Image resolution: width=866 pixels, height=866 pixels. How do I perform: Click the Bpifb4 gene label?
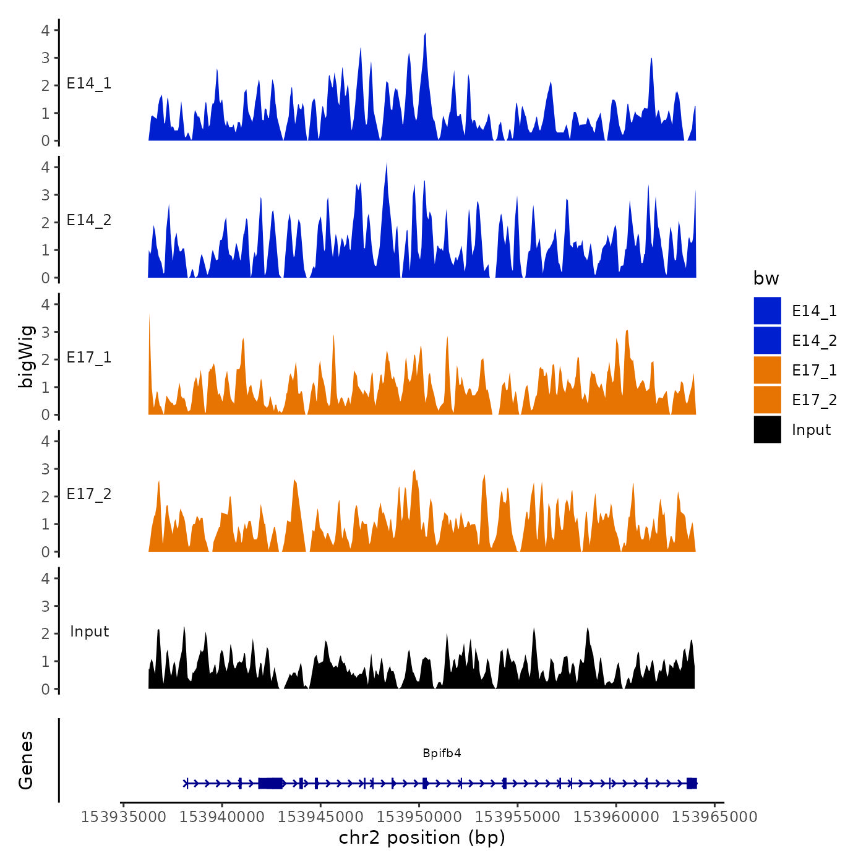pyautogui.click(x=442, y=753)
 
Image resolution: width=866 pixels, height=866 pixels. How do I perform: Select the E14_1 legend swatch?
pyautogui.click(x=767, y=311)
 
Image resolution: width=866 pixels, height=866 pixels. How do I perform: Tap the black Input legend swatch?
pyautogui.click(x=767, y=429)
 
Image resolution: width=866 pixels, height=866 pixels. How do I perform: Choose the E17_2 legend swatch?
pyautogui.click(x=767, y=400)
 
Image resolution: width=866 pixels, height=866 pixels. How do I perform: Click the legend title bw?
pyautogui.click(x=766, y=278)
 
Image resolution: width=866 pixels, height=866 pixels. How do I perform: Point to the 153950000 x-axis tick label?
pyautogui.click(x=419, y=817)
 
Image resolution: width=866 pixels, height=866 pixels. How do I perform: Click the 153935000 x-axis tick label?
pyautogui.click(x=124, y=817)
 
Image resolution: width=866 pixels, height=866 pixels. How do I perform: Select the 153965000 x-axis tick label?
pyautogui.click(x=714, y=817)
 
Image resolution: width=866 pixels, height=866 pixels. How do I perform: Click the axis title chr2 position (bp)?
pyautogui.click(x=422, y=838)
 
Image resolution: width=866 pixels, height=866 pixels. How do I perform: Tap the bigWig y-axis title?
pyautogui.click(x=26, y=356)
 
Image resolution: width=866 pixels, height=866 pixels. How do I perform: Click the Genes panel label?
pyautogui.click(x=26, y=760)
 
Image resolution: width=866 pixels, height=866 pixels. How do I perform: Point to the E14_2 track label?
pyautogui.click(x=89, y=220)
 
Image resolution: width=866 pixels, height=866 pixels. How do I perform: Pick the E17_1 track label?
pyautogui.click(x=89, y=358)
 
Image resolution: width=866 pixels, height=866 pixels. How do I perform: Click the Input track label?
pyautogui.click(x=89, y=632)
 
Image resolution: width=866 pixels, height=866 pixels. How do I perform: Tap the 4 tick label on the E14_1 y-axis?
pyautogui.click(x=46, y=30)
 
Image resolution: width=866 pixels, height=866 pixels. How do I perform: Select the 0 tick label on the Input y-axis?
pyautogui.click(x=46, y=689)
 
